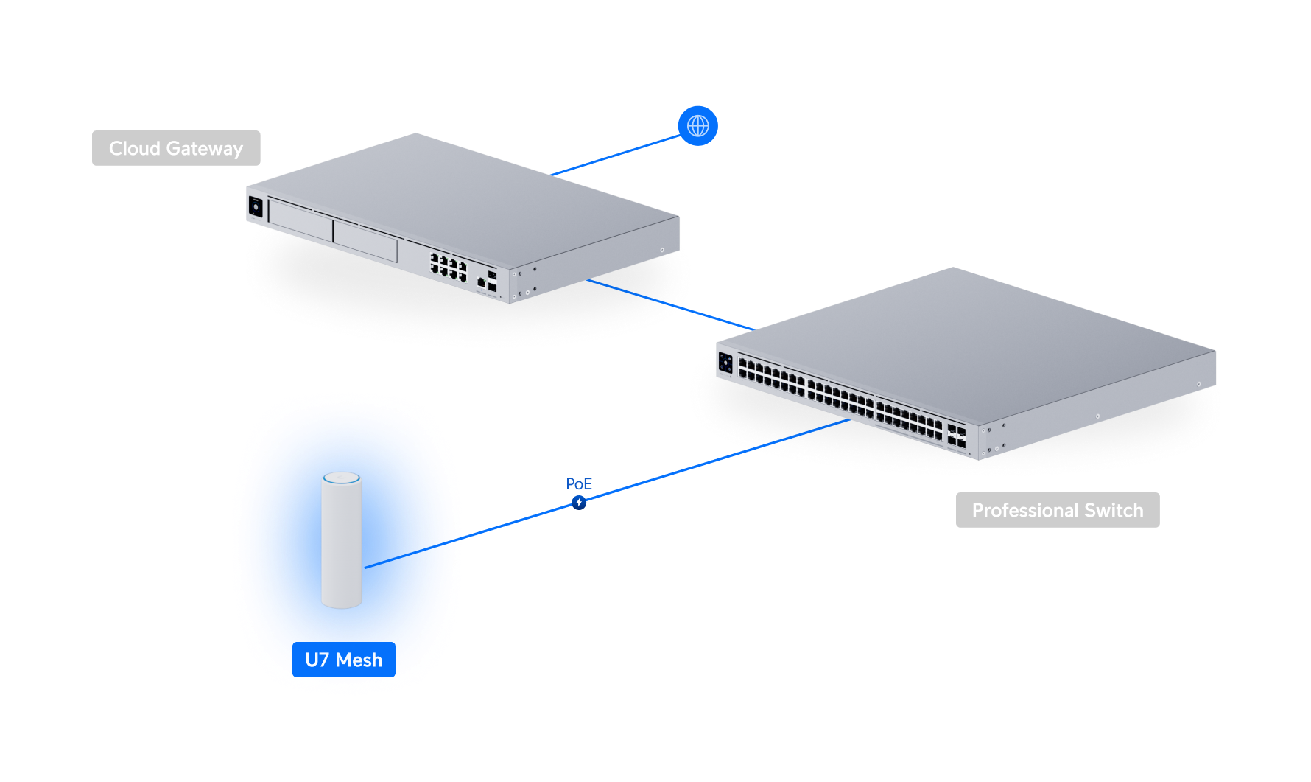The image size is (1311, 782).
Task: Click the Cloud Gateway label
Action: point(176,148)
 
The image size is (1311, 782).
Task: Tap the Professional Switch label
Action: point(1057,510)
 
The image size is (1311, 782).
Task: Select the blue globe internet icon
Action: point(697,126)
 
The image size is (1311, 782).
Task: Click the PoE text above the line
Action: point(579,483)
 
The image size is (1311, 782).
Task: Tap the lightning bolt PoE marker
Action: point(579,503)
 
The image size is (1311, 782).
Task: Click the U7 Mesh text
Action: point(343,660)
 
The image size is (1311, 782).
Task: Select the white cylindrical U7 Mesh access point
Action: point(342,545)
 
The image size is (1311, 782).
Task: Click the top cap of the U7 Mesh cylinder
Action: point(342,478)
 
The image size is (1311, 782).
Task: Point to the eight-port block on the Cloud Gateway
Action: point(448,267)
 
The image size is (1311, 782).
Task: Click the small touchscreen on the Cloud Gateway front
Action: point(256,206)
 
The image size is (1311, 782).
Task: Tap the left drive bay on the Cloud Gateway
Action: point(300,219)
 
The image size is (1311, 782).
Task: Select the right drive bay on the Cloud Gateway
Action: point(365,240)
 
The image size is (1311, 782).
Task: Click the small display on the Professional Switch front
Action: point(725,362)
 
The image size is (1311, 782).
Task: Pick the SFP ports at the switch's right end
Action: point(957,436)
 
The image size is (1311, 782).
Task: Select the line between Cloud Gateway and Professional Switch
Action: point(670,304)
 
